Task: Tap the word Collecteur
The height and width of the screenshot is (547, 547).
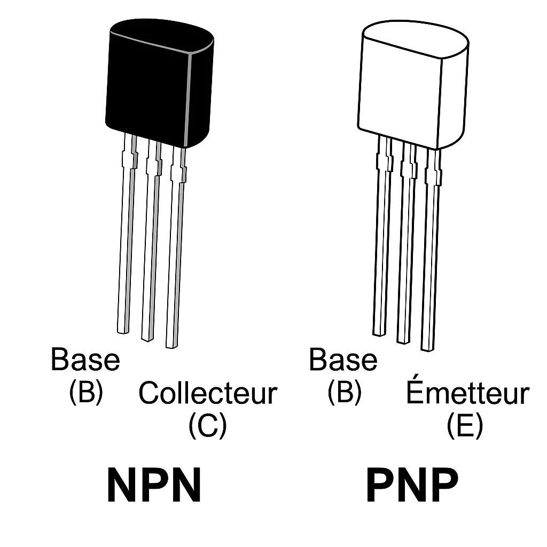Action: [x=208, y=393]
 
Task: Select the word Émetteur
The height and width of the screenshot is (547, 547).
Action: [x=467, y=394]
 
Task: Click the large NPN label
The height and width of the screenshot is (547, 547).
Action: [x=154, y=485]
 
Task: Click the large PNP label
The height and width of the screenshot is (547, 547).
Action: [x=412, y=485]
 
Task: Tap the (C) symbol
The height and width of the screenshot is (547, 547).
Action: [x=207, y=426]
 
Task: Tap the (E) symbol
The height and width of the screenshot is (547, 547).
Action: [x=465, y=426]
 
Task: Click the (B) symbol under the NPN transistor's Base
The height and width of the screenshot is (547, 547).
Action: [x=85, y=393]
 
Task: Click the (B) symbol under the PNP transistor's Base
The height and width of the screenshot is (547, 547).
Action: [x=344, y=393]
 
